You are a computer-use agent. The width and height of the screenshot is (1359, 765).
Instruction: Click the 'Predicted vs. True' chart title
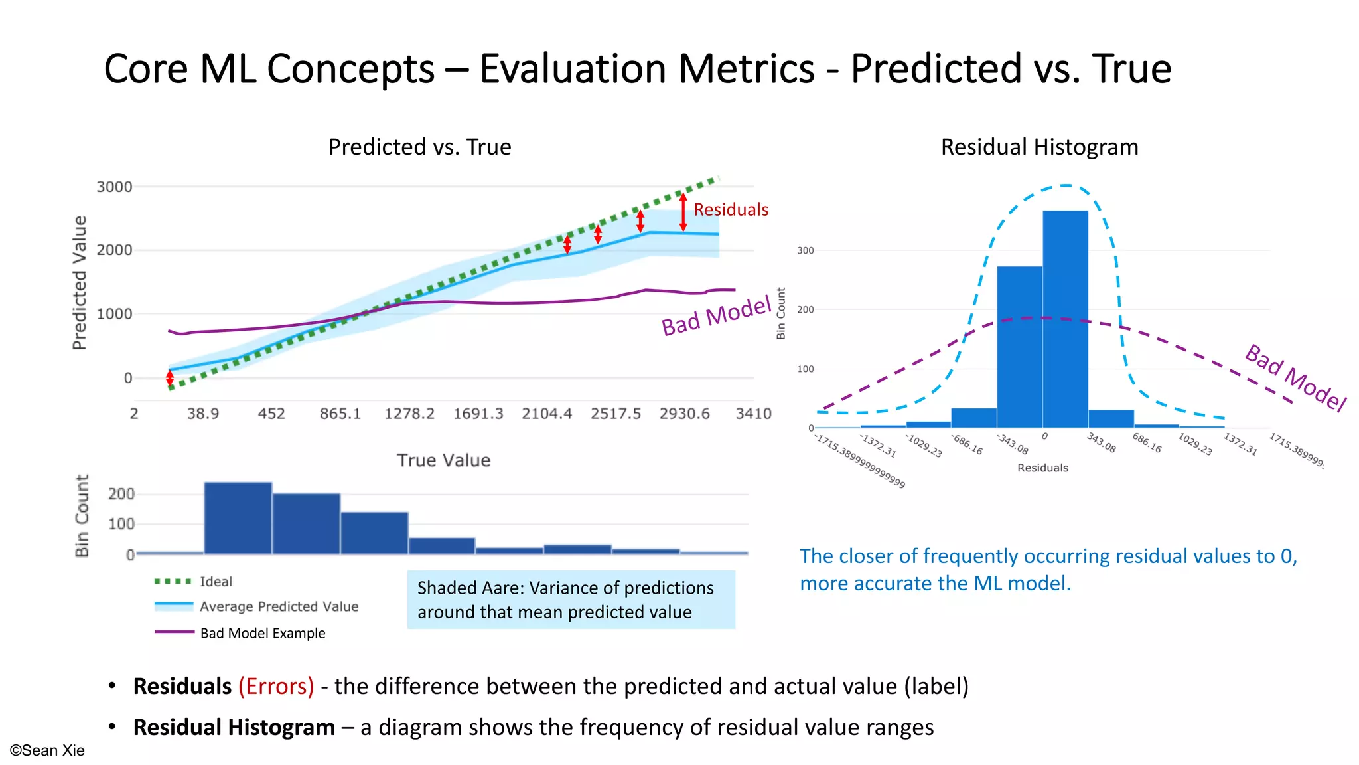tap(419, 147)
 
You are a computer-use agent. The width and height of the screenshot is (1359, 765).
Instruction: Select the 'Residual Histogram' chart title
tap(1039, 147)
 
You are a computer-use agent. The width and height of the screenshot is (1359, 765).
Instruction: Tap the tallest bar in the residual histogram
tap(1065, 319)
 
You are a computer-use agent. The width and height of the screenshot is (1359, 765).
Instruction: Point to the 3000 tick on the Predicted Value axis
tap(114, 187)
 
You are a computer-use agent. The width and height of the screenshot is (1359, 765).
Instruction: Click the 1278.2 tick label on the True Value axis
tap(409, 414)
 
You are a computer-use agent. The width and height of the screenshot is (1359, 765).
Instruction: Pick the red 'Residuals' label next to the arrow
tap(731, 210)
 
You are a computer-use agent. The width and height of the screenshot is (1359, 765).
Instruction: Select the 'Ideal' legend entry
tap(216, 582)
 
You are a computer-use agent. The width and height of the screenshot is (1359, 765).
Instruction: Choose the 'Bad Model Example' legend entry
tap(262, 633)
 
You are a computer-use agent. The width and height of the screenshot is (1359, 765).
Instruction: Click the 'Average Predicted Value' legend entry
tap(279, 606)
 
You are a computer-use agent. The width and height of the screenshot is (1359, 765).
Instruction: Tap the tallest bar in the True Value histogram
tap(238, 518)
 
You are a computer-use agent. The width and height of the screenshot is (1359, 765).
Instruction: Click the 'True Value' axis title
tap(443, 460)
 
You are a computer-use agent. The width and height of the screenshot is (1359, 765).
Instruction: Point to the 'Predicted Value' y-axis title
tap(80, 282)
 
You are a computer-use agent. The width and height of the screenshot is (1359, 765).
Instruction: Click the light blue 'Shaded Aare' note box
tap(571, 600)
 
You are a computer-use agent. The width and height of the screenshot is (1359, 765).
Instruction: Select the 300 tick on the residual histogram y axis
tap(805, 250)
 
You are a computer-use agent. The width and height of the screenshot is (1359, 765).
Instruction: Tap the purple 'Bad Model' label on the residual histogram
tap(1295, 377)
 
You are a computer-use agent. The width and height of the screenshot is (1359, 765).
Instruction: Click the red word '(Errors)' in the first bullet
tap(276, 686)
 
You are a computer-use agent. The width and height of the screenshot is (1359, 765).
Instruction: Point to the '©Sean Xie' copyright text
tap(47, 750)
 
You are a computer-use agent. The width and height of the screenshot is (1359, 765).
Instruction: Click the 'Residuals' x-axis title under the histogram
tap(1042, 467)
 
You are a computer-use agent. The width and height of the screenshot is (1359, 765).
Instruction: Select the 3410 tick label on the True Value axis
tap(753, 414)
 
